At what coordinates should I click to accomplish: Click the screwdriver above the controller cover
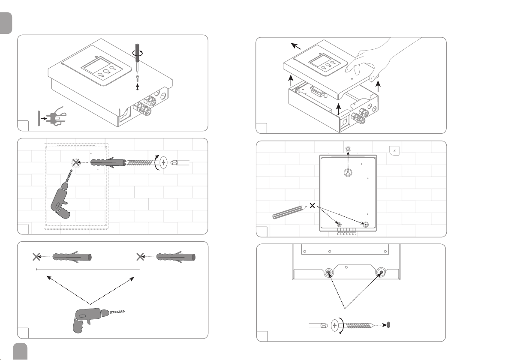[138, 58]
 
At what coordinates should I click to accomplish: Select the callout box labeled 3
[394, 150]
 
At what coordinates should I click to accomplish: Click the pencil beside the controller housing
[289, 212]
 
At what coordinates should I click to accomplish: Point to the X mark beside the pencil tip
[312, 206]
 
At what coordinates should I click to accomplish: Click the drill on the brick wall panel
[61, 195]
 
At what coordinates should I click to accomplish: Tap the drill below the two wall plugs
[94, 319]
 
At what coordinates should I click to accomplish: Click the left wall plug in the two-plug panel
[72, 257]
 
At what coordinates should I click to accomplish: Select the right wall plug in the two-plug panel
[176, 257]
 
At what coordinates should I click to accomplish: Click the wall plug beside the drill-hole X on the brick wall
[108, 162]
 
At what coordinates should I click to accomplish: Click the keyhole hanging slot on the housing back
[348, 172]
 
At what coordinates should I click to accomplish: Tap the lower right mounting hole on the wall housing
[366, 225]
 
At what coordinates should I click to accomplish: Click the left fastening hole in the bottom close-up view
[328, 273]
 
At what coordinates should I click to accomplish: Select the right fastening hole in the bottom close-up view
[380, 272]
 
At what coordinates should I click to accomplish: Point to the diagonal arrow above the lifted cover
[296, 46]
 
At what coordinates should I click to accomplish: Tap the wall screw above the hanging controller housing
[348, 149]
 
